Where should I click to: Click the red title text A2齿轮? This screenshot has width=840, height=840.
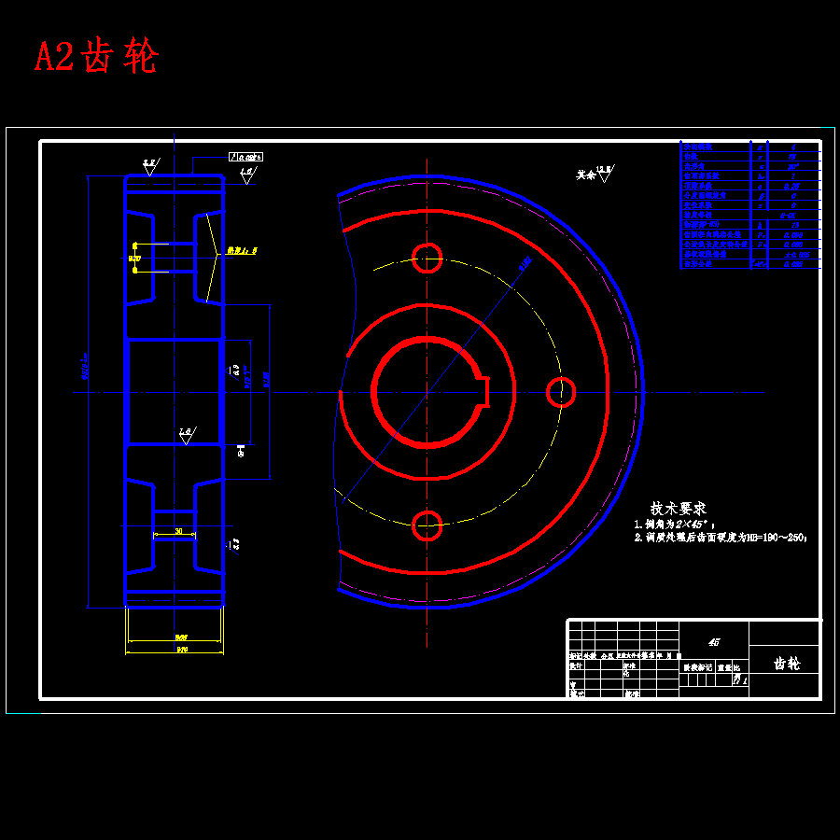96,57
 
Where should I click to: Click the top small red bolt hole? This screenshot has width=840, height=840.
427,258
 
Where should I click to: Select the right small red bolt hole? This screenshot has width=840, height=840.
561,392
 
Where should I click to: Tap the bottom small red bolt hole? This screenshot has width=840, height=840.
427,525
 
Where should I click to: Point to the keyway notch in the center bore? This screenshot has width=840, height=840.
484,390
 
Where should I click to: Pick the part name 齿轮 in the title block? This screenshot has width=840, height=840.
787,664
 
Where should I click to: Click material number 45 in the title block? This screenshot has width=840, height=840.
715,642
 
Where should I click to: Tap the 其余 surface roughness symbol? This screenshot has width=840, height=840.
595,173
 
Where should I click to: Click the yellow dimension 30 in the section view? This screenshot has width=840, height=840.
177,531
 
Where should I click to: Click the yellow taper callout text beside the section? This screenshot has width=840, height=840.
241,251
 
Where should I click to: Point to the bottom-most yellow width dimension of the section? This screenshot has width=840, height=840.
175,649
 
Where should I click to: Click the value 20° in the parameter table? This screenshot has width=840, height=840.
792,167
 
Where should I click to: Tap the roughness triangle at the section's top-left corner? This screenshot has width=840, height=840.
149,166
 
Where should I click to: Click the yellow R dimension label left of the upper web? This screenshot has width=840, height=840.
134,258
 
